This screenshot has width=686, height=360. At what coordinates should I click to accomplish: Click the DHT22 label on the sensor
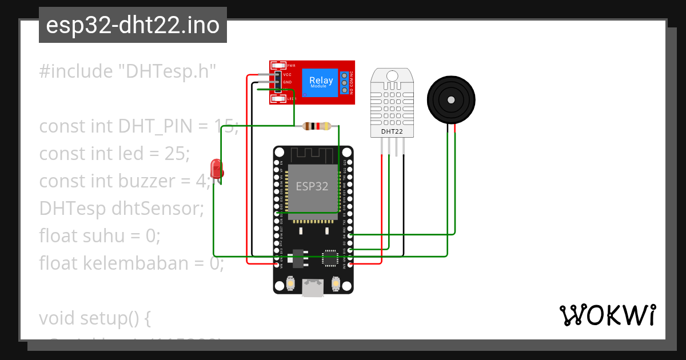(x=392, y=132)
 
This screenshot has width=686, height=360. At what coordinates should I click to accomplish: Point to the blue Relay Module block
(x=321, y=83)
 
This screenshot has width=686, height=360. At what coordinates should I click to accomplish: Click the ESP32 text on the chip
(x=312, y=186)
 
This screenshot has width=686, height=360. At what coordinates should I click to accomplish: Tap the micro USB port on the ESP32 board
(x=313, y=288)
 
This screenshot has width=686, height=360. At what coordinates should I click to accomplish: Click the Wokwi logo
(x=607, y=315)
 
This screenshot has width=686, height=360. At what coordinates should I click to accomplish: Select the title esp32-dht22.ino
(x=133, y=26)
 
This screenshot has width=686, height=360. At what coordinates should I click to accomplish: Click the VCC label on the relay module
(x=288, y=75)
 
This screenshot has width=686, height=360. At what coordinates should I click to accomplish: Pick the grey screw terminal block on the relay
(x=345, y=83)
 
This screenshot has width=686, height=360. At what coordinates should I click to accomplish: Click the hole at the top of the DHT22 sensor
(x=392, y=75)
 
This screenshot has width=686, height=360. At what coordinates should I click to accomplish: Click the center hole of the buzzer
(x=451, y=99)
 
